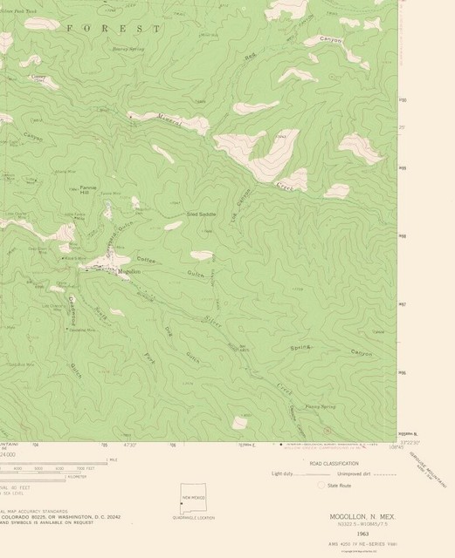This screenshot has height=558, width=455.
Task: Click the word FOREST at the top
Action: click(x=114, y=29)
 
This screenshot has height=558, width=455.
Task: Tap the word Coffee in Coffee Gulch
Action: click(x=145, y=260)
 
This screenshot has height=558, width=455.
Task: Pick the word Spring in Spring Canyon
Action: click(x=301, y=347)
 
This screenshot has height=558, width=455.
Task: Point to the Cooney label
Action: click(x=38, y=76)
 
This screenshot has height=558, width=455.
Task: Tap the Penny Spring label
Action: click(x=320, y=407)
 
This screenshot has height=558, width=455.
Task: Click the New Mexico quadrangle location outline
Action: click(x=193, y=497)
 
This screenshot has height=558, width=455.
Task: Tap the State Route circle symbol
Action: click(x=321, y=485)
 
